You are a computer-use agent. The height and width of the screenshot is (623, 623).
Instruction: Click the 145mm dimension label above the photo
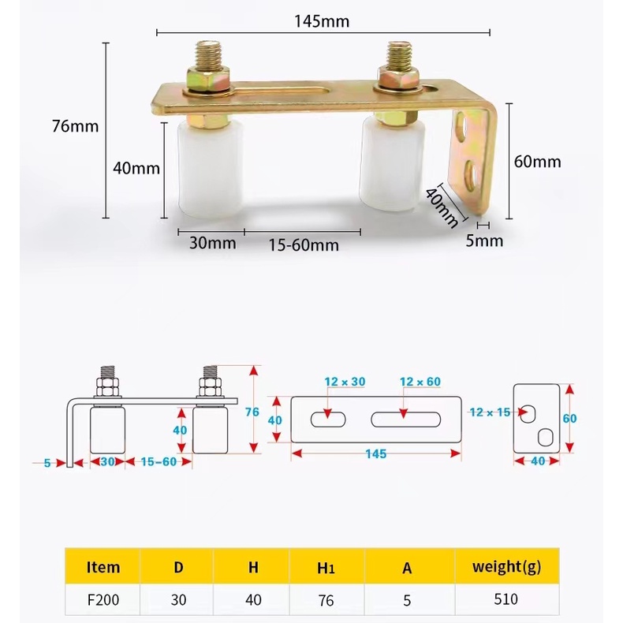(322, 21)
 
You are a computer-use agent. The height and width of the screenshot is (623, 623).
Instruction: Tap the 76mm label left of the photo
(76, 125)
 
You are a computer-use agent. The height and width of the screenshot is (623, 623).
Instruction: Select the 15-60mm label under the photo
(303, 244)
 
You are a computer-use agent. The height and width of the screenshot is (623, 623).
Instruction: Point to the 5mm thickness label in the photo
(483, 240)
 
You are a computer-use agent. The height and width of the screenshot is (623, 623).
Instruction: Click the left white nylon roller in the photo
(207, 170)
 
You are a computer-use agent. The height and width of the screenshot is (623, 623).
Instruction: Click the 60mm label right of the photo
(537, 162)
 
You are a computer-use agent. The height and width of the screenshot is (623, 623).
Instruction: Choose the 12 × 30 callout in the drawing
(345, 382)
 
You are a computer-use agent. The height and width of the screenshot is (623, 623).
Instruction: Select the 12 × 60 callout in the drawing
(420, 382)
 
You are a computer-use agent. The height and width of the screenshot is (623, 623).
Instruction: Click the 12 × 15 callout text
(489, 412)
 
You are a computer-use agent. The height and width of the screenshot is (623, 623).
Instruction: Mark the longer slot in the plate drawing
(407, 419)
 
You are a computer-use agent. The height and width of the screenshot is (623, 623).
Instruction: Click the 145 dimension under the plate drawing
(375, 454)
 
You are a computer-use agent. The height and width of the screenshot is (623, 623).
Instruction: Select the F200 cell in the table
(103, 599)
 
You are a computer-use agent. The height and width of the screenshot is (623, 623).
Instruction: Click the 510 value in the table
(506, 599)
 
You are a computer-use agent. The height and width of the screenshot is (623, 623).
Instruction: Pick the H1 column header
(326, 566)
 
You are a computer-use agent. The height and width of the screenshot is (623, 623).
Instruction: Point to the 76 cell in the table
(326, 599)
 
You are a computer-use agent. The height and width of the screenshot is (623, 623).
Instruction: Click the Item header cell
(103, 566)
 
